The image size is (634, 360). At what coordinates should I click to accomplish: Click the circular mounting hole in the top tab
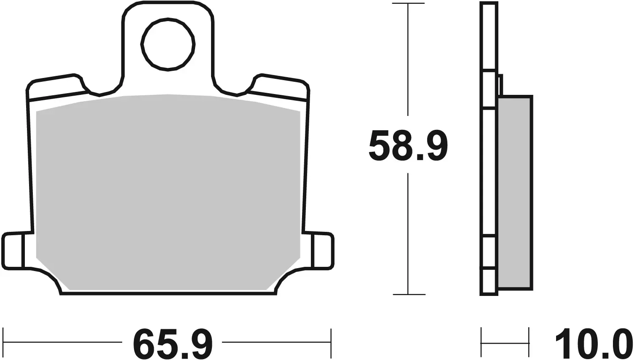[168, 44]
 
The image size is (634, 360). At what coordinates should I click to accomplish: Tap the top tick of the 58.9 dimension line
[408, 3]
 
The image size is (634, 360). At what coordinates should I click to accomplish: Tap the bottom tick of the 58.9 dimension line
[408, 294]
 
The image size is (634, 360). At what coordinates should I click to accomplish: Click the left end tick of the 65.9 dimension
[3, 342]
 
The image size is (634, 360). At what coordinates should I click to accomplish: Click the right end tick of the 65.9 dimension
[332, 342]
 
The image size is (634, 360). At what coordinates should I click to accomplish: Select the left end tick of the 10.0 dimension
[482, 342]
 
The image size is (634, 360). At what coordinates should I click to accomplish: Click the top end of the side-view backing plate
[489, 4]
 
